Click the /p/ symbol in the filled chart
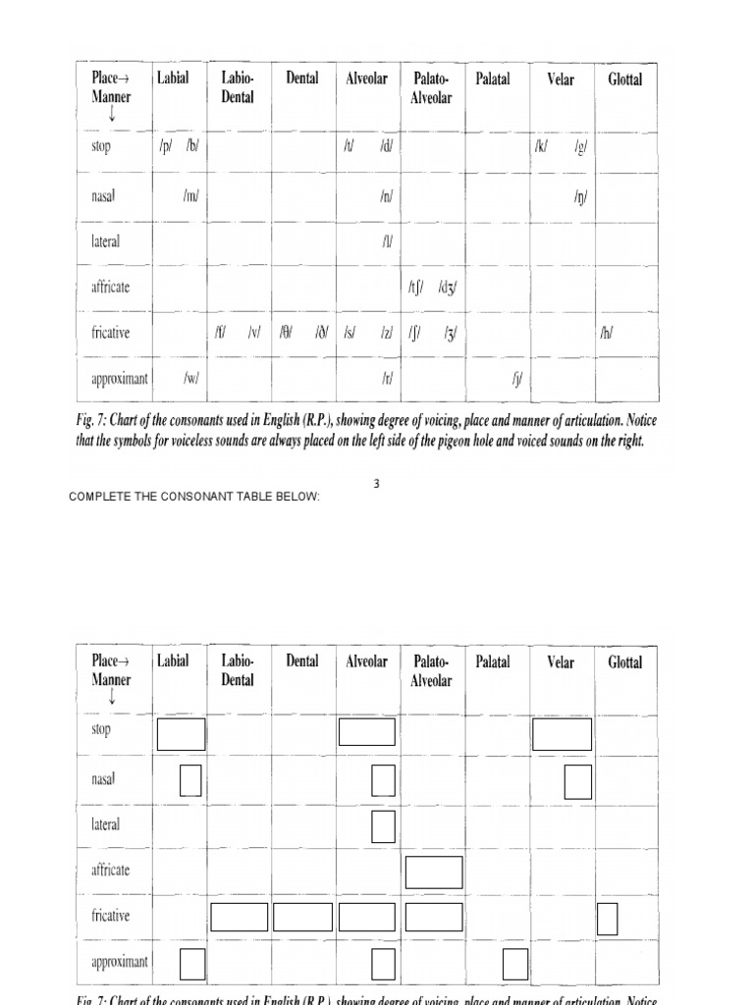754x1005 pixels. coord(165,147)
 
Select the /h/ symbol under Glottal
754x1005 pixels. coord(607,334)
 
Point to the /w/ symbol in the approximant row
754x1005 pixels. coord(191,379)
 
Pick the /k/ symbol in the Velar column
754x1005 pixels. coord(541,147)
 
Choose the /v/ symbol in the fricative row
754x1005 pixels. coord(253,334)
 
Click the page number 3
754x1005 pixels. coord(376,483)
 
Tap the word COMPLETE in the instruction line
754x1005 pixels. coord(100,498)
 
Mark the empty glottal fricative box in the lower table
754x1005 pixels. coord(608,919)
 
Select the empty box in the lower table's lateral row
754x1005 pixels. coord(383,826)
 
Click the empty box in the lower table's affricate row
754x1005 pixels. coord(433,873)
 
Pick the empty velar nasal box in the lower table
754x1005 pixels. coord(578,781)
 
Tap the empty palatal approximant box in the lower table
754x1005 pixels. coord(515,964)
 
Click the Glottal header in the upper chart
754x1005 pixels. coord(625,79)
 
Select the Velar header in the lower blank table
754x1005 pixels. coord(561,661)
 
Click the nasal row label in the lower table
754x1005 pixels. coord(104,779)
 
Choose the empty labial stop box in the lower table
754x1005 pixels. coord(181,734)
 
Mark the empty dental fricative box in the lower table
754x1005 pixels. coord(302,917)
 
